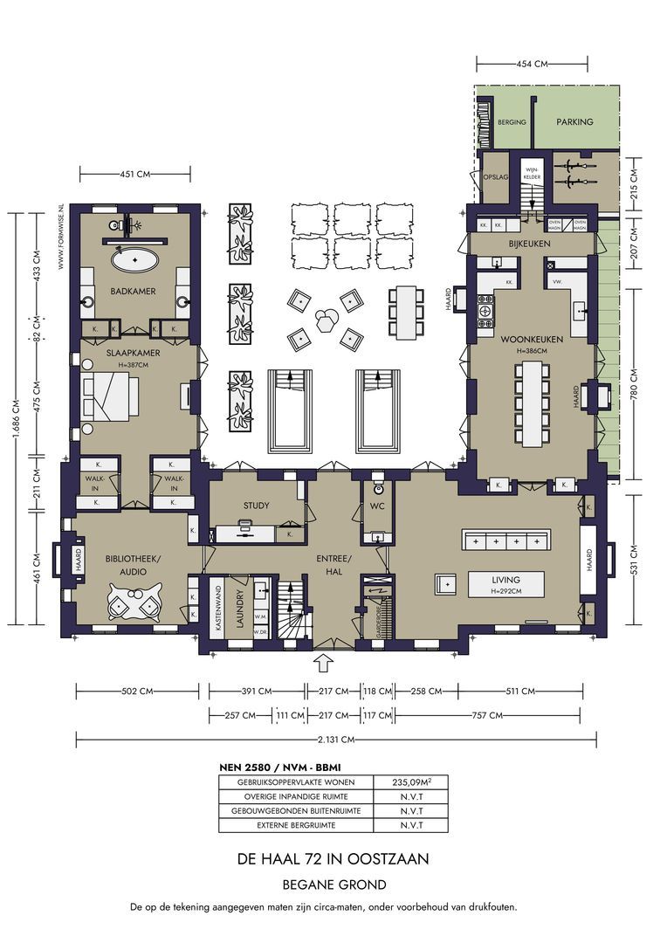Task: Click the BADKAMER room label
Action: [x=133, y=291]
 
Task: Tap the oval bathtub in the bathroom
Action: [x=133, y=259]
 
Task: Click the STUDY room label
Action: [x=255, y=506]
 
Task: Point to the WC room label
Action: [x=377, y=506]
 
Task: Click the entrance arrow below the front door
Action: [x=322, y=664]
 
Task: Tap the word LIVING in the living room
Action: [x=505, y=579]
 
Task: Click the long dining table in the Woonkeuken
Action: [x=532, y=404]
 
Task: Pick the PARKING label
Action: [x=574, y=122]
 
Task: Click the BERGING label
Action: [x=512, y=122]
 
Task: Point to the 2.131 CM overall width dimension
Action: [x=336, y=740]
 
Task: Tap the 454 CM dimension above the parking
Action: [x=532, y=64]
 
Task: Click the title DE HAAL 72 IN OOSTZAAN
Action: [x=333, y=859]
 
